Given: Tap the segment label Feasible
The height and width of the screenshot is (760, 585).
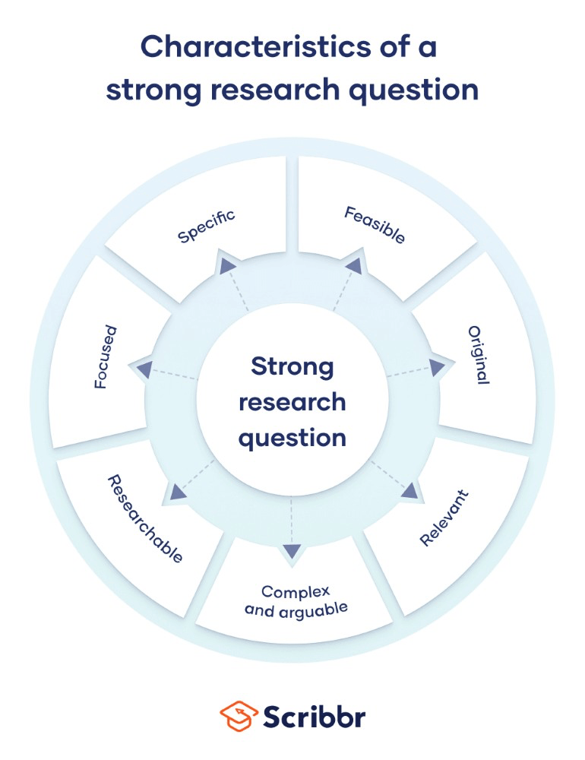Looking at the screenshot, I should (375, 224).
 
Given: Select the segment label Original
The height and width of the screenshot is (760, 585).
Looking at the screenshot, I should (478, 355).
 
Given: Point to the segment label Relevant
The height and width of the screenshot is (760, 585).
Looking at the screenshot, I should (444, 518).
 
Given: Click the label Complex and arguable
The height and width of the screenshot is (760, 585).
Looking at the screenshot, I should (296, 600).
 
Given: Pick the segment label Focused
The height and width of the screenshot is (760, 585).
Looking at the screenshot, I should (106, 357).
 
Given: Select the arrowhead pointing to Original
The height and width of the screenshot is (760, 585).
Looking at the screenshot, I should (436, 367).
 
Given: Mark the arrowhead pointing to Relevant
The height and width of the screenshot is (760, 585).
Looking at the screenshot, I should (409, 490).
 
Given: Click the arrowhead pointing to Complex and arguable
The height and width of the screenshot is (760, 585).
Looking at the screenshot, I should (291, 552).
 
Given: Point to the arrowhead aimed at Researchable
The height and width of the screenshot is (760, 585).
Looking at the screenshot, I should (178, 492).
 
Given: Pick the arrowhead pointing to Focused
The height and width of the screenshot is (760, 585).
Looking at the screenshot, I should (141, 369).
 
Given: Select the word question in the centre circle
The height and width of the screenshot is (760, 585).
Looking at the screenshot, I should (292, 438).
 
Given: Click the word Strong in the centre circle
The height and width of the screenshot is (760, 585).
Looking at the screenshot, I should (292, 366).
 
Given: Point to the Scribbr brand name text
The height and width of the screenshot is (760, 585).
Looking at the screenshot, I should (315, 717).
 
